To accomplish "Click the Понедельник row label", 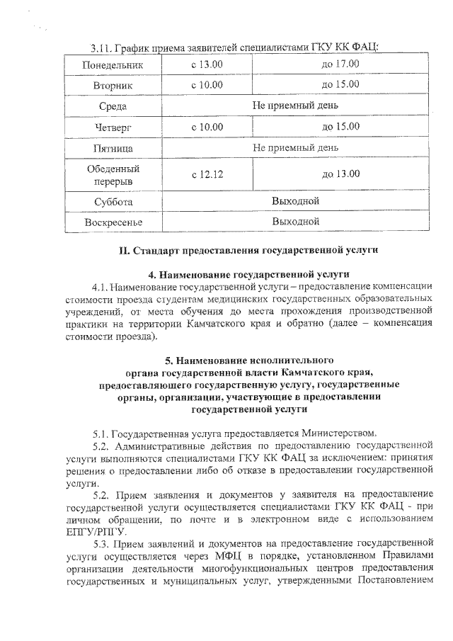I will click(113, 64).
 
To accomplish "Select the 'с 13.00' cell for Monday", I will click(207, 64).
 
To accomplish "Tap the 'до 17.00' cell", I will click(340, 64).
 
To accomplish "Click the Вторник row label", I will click(113, 85).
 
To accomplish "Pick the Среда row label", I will click(113, 106).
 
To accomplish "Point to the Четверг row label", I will click(113, 127).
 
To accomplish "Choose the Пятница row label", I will click(113, 149).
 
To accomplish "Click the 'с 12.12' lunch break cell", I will click(207, 174).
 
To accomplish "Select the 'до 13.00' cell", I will click(340, 174).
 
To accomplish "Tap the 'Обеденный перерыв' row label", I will click(113, 174).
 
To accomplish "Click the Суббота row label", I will click(113, 201).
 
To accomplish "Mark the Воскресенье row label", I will click(113, 222).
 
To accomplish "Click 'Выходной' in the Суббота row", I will click(296, 201).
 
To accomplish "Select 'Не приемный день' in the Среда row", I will click(296, 106).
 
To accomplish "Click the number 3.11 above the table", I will click(103, 47).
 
